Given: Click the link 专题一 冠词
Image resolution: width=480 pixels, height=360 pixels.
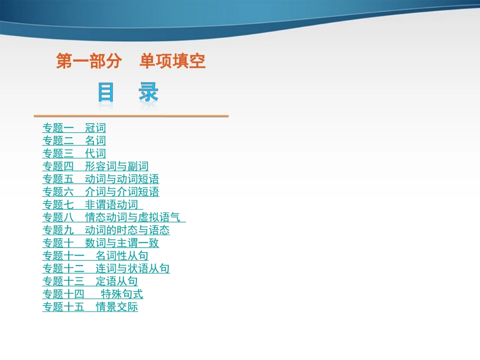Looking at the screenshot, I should point(74,128).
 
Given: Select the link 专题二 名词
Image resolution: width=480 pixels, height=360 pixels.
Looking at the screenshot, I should point(74,141).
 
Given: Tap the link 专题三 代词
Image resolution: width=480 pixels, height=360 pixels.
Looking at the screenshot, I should point(74,153).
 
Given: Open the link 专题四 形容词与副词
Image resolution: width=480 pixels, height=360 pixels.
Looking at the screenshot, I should point(95,166).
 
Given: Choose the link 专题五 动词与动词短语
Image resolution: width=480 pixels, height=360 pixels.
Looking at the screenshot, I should point(101,179).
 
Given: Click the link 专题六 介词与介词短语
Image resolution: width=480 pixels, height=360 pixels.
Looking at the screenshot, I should point(101,192).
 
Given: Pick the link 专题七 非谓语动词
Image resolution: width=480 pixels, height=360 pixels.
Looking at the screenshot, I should point(92,204).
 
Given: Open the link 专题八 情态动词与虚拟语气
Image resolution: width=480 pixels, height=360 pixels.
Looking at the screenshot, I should point(113,218).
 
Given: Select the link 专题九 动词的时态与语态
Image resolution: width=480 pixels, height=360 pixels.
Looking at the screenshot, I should point(106,230).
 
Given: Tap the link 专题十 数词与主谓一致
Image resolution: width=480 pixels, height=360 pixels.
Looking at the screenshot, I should point(101,243).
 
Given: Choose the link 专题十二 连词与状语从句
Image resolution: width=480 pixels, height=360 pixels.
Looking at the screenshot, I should point(106,269).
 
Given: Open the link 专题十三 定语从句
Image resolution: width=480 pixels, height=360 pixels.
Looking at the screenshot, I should point(90,281).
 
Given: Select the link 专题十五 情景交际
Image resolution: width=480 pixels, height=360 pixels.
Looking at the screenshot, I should point(90,307).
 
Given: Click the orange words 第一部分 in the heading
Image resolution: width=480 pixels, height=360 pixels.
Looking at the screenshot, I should point(89,62).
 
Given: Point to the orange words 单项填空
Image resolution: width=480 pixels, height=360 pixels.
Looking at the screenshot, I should point(172,62).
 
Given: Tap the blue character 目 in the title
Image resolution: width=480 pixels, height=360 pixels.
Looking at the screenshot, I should point(106,93).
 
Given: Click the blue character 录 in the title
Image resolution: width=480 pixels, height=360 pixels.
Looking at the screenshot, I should point(149,93).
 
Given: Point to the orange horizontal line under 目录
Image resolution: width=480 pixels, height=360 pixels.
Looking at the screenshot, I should point(131,116).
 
